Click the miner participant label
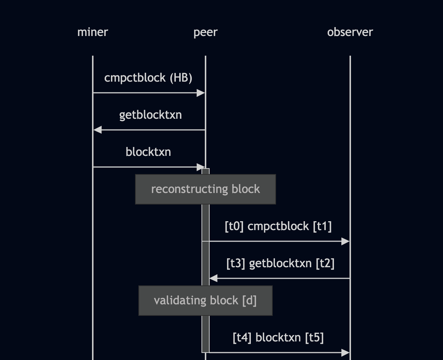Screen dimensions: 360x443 click(92, 32)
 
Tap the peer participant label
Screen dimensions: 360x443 click(205, 32)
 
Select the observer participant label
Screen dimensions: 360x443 click(350, 32)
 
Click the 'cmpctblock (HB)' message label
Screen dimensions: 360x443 click(148, 78)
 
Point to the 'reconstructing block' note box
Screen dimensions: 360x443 click(205, 189)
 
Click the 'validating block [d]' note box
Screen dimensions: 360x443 click(205, 301)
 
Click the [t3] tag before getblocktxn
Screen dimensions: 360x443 click(236, 264)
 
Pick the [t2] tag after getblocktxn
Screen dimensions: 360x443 click(325, 264)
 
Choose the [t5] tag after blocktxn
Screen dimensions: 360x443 click(314, 338)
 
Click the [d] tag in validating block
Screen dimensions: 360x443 click(249, 301)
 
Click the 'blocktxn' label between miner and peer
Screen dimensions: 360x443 click(148, 152)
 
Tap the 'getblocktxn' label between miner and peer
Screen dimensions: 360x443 click(150, 115)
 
